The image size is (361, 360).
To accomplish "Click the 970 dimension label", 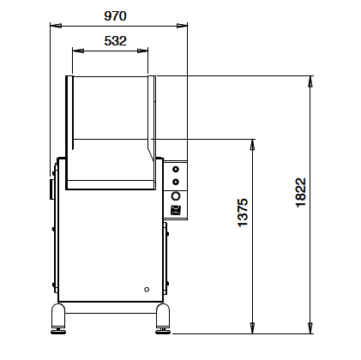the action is pos(115,16).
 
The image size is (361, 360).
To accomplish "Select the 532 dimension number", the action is pos(115,41).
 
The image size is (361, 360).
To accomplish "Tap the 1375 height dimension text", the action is pos(243,213).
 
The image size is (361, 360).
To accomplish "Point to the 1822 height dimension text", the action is pos(301,193).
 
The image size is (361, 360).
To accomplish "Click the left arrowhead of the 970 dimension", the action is pos(56,26).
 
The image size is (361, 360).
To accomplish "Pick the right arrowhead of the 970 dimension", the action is pos(182,26).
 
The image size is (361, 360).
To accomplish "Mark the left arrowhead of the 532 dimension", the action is pos(78,51).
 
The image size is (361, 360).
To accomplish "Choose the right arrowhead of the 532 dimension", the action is pos(142,51).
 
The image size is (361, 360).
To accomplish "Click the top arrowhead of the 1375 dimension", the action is pos(252,145).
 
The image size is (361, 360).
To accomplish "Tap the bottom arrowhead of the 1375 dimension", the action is pos(252,328).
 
